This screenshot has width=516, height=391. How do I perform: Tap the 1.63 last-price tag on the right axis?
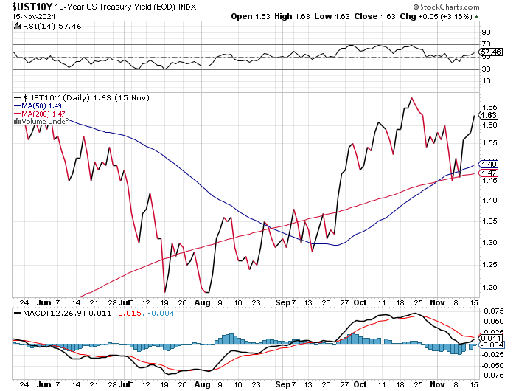[488, 115]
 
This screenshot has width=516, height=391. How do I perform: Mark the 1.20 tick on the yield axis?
[487, 286]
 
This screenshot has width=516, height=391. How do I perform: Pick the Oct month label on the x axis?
[359, 302]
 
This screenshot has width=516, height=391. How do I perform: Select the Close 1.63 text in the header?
[400, 15]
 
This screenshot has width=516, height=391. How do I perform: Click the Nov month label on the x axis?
[439, 302]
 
